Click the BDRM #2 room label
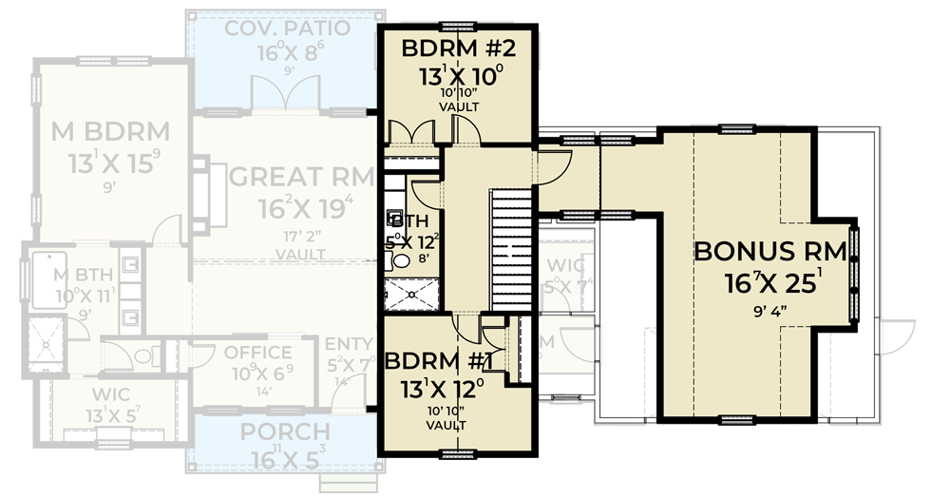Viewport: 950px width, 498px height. pyautogui.click(x=458, y=48)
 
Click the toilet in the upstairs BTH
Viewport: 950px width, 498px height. pyautogui.click(x=401, y=259)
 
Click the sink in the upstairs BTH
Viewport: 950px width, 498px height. pyautogui.click(x=394, y=218)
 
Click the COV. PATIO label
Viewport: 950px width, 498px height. pyautogui.click(x=287, y=27)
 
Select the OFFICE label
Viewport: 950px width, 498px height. pyautogui.click(x=257, y=353)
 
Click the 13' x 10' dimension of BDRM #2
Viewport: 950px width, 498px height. pyautogui.click(x=458, y=75)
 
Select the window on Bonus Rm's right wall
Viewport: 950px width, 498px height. pyautogui.click(x=854, y=272)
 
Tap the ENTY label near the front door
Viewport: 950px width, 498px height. pyautogui.click(x=348, y=343)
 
